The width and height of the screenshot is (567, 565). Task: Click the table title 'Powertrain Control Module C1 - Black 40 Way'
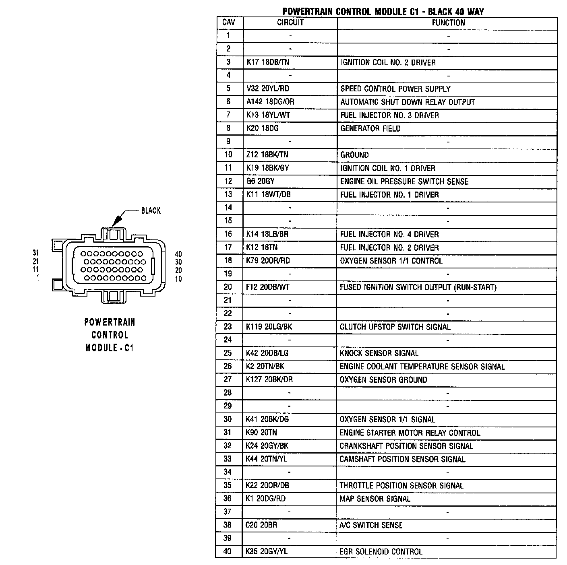[x=383, y=11]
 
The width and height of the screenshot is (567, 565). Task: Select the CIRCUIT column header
[x=290, y=23]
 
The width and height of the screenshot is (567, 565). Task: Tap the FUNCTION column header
[x=448, y=23]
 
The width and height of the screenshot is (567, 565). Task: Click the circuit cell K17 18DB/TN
[x=268, y=62]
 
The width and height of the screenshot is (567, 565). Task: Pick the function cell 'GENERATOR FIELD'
[x=370, y=129]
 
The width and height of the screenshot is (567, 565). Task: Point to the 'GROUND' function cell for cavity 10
[x=354, y=155]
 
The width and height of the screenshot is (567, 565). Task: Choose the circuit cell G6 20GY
[x=261, y=181]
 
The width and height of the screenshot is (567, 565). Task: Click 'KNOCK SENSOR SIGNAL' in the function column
[x=379, y=353]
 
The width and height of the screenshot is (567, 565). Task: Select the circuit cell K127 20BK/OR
[x=269, y=379]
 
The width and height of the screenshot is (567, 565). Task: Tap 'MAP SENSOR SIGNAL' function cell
[x=375, y=499]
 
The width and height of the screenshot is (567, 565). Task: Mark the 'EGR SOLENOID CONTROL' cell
[x=381, y=552]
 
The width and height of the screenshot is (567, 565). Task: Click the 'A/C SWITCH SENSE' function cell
[x=370, y=525]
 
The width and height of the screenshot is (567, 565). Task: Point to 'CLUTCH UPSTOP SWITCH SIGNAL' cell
[x=395, y=327]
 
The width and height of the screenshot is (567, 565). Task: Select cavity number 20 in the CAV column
[x=228, y=287]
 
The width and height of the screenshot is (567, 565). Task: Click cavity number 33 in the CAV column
[x=228, y=459]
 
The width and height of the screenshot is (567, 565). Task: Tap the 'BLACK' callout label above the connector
[x=151, y=210]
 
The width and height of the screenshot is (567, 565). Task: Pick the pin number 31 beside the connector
[x=36, y=253]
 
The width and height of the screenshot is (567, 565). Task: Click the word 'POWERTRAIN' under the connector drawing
[x=110, y=322]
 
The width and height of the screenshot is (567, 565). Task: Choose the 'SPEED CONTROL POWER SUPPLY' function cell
[x=395, y=89]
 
